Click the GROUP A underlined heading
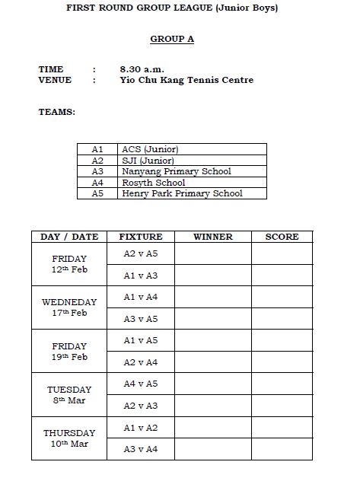click(x=172, y=39)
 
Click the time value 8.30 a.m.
click(x=142, y=69)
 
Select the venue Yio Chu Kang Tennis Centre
click(x=186, y=80)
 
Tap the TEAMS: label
click(x=57, y=112)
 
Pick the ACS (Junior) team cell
click(x=150, y=150)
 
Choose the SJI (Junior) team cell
click(x=148, y=161)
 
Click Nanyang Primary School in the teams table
click(x=177, y=171)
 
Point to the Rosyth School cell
click(x=154, y=183)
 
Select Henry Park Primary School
click(x=182, y=193)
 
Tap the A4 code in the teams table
click(x=97, y=183)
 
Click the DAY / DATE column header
click(x=69, y=237)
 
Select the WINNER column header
click(x=213, y=237)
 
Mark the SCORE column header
click(x=282, y=237)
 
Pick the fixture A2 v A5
click(x=141, y=253)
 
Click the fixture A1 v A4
click(x=141, y=297)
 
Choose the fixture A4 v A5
click(x=141, y=384)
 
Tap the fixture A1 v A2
click(x=141, y=428)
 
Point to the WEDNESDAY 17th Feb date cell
click(x=69, y=307)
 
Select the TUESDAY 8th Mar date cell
click(x=69, y=395)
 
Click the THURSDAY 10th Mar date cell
click(x=69, y=438)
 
